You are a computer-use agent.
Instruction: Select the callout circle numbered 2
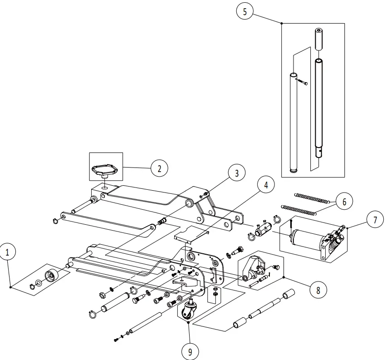coord(159,168)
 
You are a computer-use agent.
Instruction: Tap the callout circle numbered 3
coord(236,173)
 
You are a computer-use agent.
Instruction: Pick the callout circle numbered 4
coord(266,185)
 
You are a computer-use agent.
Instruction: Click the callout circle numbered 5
coord(245,12)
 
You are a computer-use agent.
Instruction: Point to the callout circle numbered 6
coord(344,202)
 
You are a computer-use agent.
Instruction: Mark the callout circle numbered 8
coord(318,290)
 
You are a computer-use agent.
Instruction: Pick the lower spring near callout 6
coord(299,209)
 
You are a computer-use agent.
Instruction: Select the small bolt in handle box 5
coord(302,82)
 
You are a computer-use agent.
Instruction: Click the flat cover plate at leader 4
coord(191,232)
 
